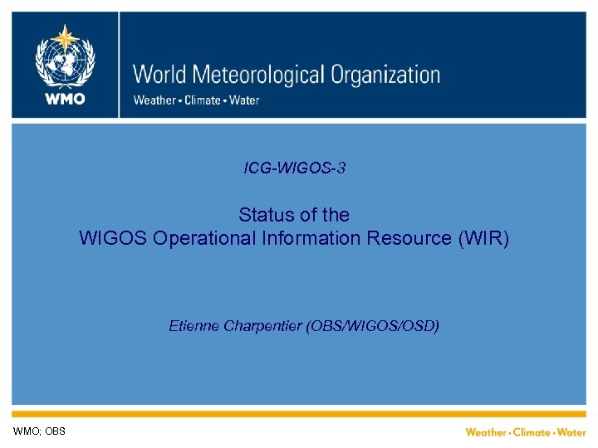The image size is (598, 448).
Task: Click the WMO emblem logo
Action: pos(64,55)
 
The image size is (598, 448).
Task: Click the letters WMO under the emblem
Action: pos(64,99)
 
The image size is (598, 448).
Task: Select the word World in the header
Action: pos(161,75)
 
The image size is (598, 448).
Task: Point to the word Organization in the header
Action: pos(385,75)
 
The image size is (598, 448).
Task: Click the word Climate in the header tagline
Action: pos(202,100)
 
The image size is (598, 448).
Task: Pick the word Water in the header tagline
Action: pos(243,100)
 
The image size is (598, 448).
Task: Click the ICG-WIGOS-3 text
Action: pos(295,168)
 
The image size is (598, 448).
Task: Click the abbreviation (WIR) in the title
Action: pos(483,239)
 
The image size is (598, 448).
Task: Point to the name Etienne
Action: pos(194,326)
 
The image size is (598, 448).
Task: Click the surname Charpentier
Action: pos(262,326)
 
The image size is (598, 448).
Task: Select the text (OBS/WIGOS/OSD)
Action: pos(373,326)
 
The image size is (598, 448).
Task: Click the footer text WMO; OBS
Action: pos(39,431)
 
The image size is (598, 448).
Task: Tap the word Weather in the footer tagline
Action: pos(486,432)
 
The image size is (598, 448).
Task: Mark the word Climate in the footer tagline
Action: pos(532,432)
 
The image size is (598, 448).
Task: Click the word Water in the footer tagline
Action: pos(571,432)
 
